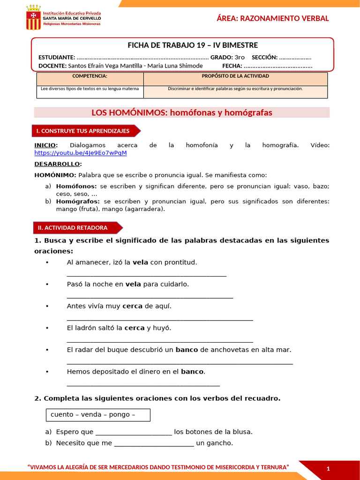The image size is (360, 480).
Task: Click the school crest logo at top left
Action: coord(33,17)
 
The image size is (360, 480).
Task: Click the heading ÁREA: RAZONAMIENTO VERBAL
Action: coord(272,18)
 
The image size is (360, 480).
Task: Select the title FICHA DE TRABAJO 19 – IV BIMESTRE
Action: coord(193,45)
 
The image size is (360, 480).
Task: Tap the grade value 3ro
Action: coord(240,57)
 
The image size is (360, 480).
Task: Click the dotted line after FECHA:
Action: coord(278,66)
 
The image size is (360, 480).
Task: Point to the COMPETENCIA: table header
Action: coord(90,76)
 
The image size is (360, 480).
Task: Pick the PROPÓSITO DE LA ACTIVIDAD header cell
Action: coord(235,76)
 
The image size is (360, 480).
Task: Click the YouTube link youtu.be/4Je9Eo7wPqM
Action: coord(81,153)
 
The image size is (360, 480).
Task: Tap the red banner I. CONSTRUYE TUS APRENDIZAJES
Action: coord(83,131)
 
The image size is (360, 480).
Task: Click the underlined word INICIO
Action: coord(45,145)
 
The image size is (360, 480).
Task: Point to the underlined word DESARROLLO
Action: coord(57,164)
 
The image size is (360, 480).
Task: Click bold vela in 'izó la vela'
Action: coord(140,262)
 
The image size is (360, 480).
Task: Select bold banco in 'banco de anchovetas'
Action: coord(187,350)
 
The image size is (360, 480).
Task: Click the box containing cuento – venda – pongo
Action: coord(98,415)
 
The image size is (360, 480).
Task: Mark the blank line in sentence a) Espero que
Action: coord(134,433)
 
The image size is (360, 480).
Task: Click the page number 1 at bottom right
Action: coord(328,469)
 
